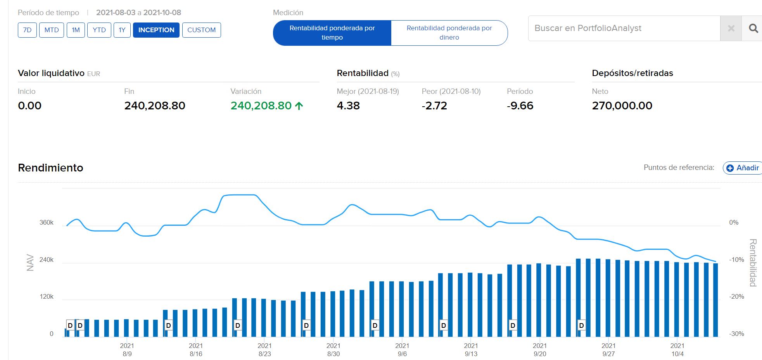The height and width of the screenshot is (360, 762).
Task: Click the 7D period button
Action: tap(27, 30)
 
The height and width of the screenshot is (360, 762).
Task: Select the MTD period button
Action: tap(52, 30)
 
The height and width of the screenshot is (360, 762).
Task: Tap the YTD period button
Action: tap(99, 30)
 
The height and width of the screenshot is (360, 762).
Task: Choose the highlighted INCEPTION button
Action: tap(156, 30)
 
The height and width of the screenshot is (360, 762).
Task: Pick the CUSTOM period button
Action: tap(201, 30)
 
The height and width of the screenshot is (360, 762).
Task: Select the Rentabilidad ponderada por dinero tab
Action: tap(449, 33)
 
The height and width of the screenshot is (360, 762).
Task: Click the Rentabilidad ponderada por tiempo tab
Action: tap(332, 33)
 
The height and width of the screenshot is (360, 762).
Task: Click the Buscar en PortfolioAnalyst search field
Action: tap(624, 28)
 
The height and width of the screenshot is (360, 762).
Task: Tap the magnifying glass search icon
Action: tap(753, 28)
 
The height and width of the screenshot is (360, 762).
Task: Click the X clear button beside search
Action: tap(731, 28)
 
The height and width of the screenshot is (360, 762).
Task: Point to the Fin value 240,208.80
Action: tap(155, 106)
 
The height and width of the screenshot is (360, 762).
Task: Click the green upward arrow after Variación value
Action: tap(299, 106)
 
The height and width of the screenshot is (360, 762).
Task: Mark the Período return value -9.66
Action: tap(520, 106)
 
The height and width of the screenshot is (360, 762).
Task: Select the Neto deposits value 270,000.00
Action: tap(622, 106)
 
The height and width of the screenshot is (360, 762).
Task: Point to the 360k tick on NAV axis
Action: tap(47, 222)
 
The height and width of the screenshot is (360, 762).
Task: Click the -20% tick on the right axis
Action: tap(736, 296)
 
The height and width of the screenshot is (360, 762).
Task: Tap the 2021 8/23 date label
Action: tap(264, 350)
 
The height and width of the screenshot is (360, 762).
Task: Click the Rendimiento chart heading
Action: tap(50, 168)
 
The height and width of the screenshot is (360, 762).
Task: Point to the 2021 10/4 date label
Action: tap(677, 350)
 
